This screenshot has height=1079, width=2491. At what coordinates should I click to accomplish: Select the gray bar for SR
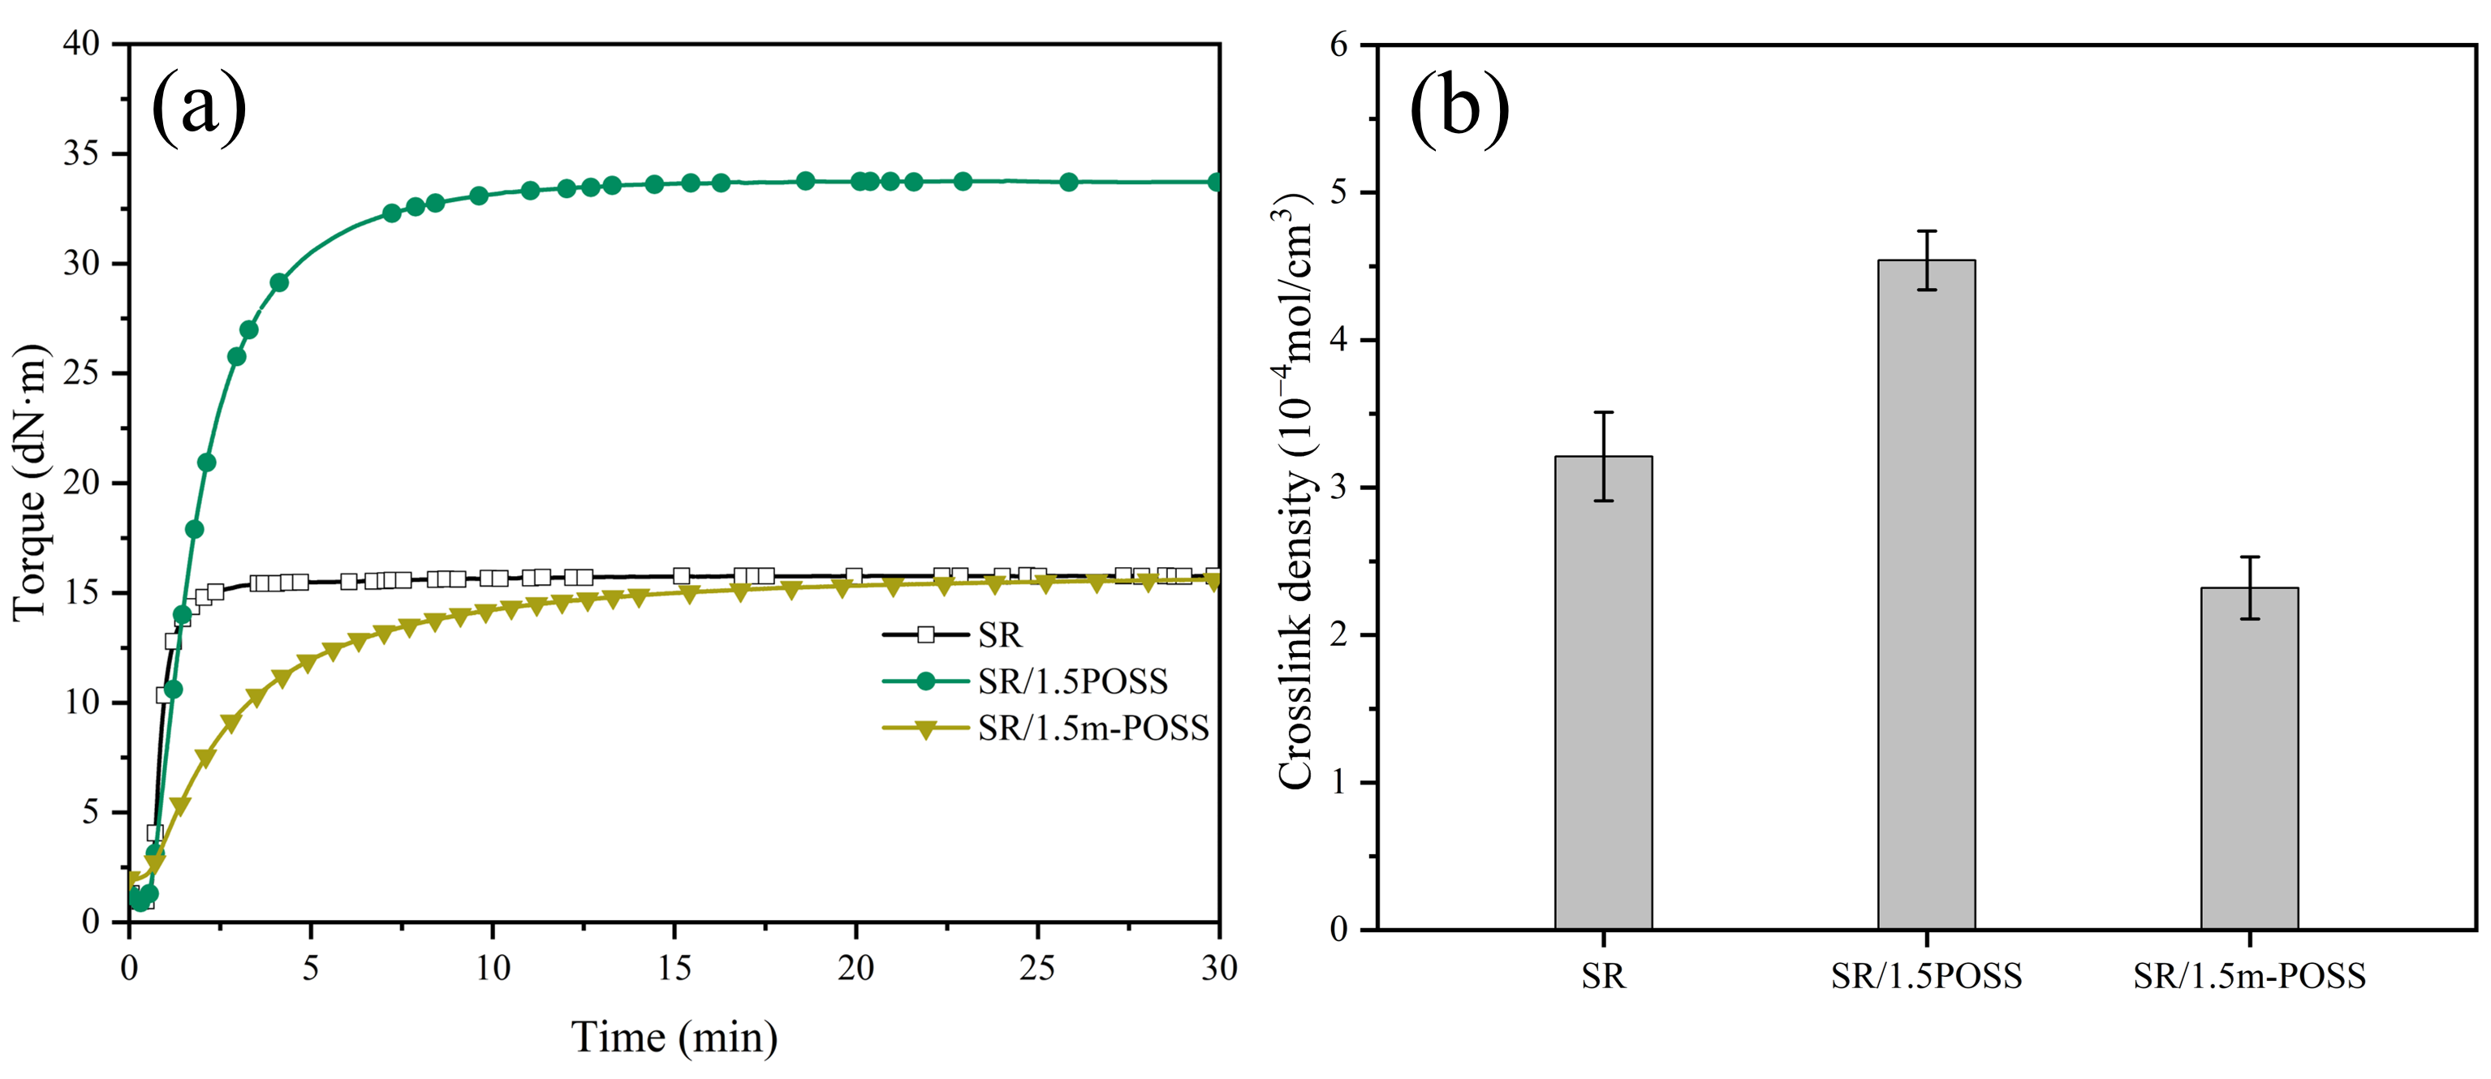[1603, 692]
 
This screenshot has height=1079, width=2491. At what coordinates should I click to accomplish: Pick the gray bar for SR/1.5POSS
[1926, 595]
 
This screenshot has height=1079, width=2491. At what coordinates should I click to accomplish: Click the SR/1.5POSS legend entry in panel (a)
[1071, 681]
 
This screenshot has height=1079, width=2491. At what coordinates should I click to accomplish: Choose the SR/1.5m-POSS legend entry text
[1093, 728]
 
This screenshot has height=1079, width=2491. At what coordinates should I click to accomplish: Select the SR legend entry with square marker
[998, 635]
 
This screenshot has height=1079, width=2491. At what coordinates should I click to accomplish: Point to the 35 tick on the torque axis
[81, 153]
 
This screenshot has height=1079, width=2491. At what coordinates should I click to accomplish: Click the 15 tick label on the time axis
[674, 969]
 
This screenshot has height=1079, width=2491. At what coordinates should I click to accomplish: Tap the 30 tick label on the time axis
[1218, 969]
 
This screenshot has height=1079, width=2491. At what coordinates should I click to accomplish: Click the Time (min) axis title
[674, 1038]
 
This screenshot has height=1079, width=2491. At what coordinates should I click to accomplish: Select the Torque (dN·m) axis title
[29, 481]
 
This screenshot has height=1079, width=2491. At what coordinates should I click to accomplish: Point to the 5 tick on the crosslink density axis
[1339, 192]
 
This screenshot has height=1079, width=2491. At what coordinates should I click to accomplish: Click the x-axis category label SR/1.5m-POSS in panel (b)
[2249, 977]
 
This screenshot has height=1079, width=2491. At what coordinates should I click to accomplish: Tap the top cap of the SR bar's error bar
[1603, 413]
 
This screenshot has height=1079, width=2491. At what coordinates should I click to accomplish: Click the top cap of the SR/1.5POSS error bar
[1926, 231]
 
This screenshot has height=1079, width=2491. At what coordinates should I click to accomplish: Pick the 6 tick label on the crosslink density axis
[1339, 45]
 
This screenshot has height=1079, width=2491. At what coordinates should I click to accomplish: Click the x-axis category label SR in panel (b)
[1603, 977]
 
